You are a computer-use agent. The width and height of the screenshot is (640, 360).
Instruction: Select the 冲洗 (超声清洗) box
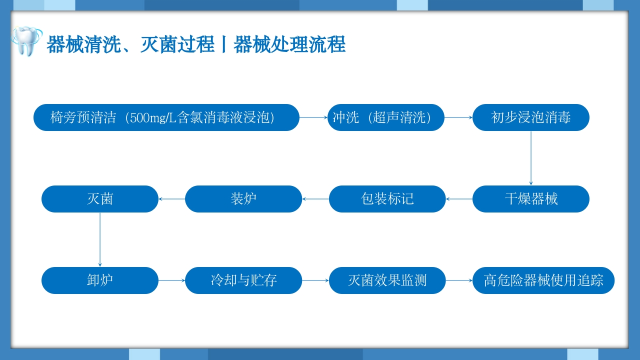tap(385, 117)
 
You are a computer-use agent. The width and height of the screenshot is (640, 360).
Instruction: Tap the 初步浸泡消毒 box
tap(530, 117)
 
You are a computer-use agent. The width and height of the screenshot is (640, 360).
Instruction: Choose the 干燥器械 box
tap(530, 199)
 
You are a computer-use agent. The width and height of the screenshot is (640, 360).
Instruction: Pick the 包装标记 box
tap(387, 199)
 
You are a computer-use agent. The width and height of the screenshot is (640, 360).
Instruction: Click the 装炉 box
tap(243, 199)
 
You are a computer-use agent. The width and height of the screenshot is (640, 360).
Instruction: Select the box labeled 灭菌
tap(99, 199)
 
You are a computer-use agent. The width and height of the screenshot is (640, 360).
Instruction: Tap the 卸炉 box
tap(99, 280)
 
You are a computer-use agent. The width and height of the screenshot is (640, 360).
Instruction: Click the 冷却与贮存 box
tap(243, 280)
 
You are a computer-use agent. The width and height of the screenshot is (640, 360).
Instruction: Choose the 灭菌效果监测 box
tap(387, 280)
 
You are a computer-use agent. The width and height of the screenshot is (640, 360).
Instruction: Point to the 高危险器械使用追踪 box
tap(543, 280)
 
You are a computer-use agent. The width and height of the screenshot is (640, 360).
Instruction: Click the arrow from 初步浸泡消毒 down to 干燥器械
tap(530, 158)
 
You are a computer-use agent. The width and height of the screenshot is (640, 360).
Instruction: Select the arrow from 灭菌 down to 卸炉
tap(99, 239)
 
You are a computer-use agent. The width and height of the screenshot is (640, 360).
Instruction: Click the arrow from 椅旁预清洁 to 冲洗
tap(313, 117)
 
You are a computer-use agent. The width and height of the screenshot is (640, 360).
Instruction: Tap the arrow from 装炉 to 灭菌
tap(171, 199)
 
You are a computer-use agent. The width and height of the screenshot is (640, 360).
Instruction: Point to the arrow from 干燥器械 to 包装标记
tap(459, 199)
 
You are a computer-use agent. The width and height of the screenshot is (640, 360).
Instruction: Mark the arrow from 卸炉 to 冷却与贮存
tap(171, 280)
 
